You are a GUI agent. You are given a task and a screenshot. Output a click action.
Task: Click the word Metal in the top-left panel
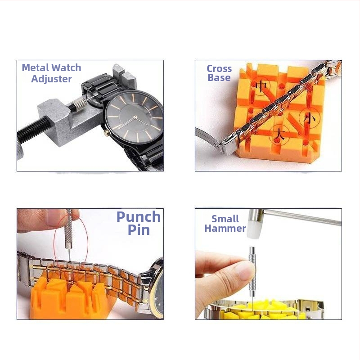[x=36, y=68]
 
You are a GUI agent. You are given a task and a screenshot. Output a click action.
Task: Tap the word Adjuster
[x=51, y=79]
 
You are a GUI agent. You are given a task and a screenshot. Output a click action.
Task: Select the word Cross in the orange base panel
[x=219, y=69]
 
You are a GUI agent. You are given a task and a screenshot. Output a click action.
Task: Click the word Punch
[x=139, y=217]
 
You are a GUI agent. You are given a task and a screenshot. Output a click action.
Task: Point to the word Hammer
[x=225, y=229]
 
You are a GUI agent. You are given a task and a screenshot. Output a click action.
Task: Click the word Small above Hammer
[x=225, y=219]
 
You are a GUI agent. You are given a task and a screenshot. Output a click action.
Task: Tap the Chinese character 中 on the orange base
[x=261, y=86]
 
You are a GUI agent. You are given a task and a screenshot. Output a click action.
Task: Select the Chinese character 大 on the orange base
[x=279, y=135]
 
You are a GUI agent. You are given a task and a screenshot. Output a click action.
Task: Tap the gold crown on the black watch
[x=106, y=132]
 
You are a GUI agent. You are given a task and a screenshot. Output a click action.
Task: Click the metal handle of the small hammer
[x=302, y=216]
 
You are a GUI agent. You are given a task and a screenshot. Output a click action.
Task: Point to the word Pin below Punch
[x=139, y=230]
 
